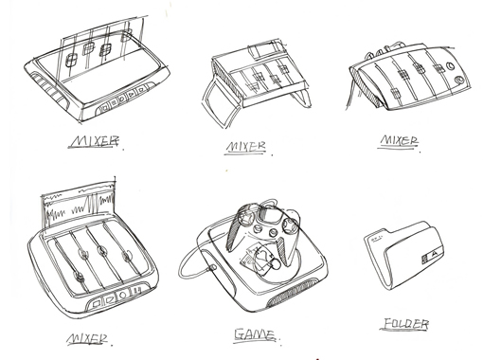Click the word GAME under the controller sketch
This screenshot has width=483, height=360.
click(255, 334)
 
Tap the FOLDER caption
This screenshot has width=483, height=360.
click(406, 324)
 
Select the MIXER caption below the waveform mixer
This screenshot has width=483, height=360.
click(87, 339)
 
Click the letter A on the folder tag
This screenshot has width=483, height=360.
click(434, 253)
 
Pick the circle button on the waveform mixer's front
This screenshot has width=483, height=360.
click(123, 295)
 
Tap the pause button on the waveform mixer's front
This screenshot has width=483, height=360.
click(136, 291)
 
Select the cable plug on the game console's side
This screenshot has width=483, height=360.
click(212, 268)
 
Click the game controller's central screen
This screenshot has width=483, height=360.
click(267, 215)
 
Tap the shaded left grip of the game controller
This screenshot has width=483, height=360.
click(235, 232)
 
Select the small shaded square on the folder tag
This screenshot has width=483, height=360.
click(424, 259)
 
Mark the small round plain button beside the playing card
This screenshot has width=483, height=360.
click(276, 264)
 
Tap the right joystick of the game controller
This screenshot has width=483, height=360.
click(289, 225)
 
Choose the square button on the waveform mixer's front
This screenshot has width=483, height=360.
click(96, 304)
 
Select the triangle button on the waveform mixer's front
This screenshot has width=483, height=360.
click(109, 299)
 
